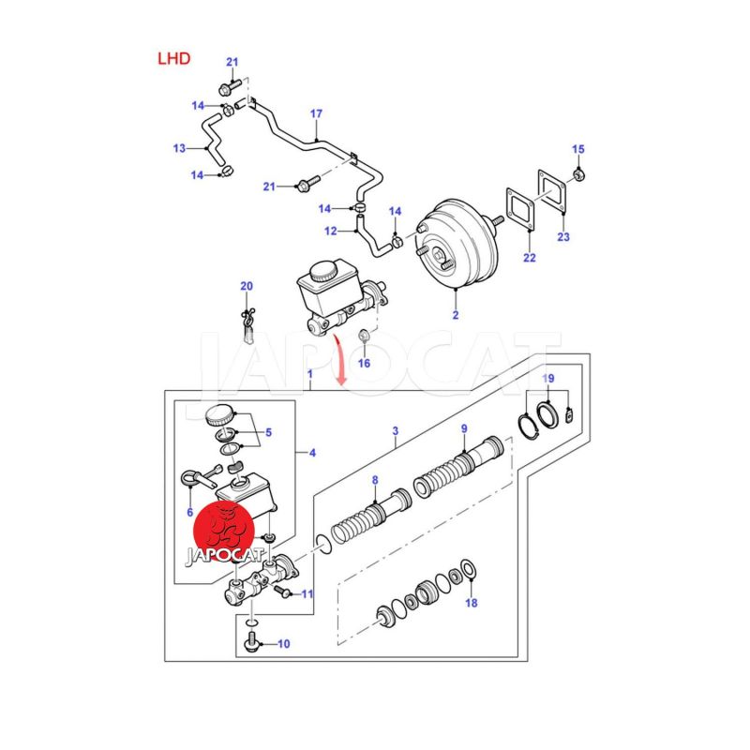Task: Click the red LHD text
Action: click(x=173, y=58)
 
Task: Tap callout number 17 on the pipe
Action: click(x=316, y=114)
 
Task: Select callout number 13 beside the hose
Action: click(x=179, y=148)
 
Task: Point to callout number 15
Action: click(x=577, y=149)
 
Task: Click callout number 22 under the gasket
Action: click(x=530, y=258)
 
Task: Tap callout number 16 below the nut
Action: click(x=365, y=363)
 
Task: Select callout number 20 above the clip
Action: click(x=247, y=285)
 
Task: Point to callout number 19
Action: click(x=549, y=378)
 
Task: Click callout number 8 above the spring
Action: click(x=375, y=480)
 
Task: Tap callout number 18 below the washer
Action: click(x=471, y=603)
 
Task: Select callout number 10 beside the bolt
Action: click(x=285, y=644)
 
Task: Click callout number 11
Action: click(x=307, y=593)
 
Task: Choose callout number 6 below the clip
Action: click(x=189, y=512)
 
